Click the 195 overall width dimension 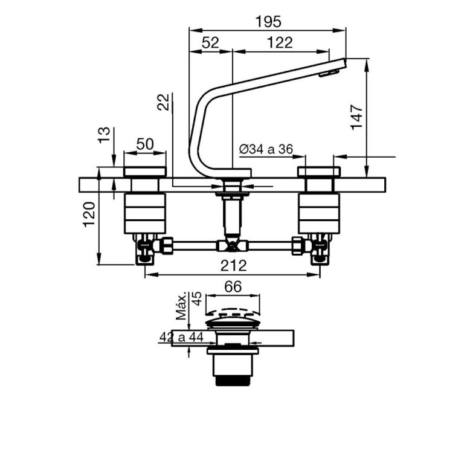(268, 21)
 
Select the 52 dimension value (210, 42)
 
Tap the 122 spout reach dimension (279, 42)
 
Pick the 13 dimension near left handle (104, 135)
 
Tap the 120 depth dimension (89, 214)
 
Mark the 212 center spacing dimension (233, 265)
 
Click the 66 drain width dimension (233, 287)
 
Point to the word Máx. (181, 308)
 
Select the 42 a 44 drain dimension (181, 338)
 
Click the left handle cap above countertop (144, 172)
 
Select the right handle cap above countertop (319, 172)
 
